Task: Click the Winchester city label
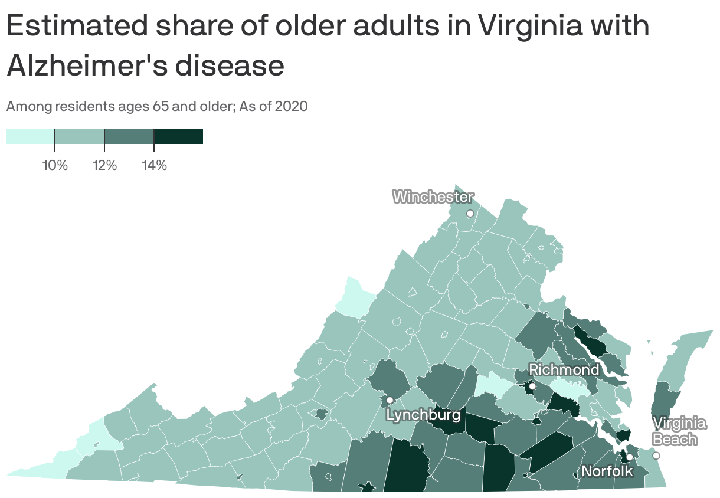[433, 197]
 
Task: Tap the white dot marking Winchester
[470, 213]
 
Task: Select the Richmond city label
[564, 370]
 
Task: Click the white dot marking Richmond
[532, 386]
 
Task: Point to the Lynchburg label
[423, 415]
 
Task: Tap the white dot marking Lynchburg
[390, 400]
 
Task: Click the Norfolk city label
[607, 471]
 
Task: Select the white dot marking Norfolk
[630, 457]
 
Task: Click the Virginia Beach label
[679, 431]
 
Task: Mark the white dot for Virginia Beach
[656, 456]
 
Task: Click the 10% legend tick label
[55, 166]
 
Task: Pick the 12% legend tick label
[104, 166]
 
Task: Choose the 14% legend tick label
[154, 166]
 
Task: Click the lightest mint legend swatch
[30, 136]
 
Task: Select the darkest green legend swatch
[178, 136]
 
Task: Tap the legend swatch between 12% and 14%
[129, 136]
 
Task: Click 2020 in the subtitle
[291, 107]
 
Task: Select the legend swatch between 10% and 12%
[80, 136]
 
